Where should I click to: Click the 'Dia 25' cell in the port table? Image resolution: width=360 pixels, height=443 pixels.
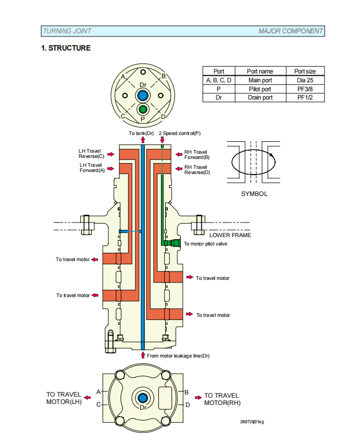[305, 80]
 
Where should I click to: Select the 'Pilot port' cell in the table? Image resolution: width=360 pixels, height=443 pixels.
[260, 89]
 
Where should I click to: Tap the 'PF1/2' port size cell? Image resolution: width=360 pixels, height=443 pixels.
[305, 97]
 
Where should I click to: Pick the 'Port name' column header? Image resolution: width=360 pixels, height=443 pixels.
[260, 71]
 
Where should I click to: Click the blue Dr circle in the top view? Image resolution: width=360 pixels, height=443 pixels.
[143, 95]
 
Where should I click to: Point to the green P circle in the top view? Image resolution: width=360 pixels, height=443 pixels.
[143, 109]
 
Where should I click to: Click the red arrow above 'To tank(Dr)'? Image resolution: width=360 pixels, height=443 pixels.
[143, 140]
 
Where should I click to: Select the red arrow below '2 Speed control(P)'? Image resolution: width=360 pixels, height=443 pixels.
[162, 140]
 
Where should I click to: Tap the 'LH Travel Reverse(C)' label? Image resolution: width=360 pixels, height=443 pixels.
[92, 154]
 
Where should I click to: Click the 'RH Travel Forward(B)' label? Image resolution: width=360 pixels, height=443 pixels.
[197, 155]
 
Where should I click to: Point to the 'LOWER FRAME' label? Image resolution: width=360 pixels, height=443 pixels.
[230, 235]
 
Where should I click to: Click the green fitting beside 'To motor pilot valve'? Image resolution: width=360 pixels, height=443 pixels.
[175, 243]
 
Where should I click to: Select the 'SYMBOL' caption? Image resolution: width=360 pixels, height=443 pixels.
[254, 194]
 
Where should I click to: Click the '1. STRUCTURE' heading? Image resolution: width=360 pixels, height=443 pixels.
[66, 48]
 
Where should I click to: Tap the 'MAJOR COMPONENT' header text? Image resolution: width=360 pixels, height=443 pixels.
[291, 31]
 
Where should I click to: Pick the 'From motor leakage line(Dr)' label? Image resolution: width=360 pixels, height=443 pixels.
[178, 355]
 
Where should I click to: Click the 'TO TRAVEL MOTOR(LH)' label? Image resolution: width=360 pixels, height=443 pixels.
[64, 398]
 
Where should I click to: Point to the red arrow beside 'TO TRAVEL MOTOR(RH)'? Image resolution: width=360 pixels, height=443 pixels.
[198, 398]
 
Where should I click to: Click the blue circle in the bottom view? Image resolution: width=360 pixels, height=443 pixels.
[143, 398]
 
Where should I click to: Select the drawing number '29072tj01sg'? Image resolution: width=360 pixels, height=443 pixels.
[252, 422]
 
